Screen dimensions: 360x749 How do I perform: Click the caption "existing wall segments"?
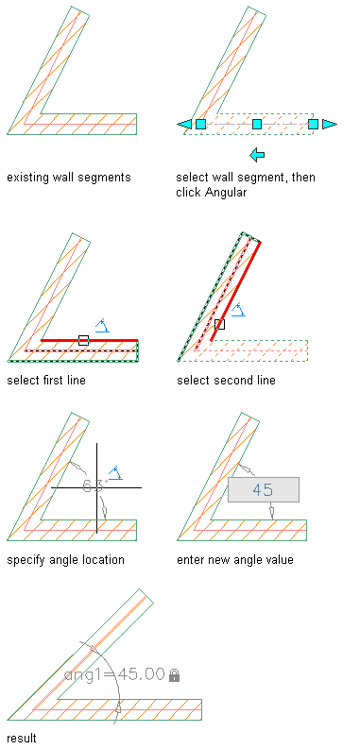point(68,178)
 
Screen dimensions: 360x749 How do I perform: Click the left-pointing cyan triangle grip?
point(184,124)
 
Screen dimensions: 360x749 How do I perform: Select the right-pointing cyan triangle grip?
point(330,124)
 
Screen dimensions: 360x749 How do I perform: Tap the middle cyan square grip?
point(257,124)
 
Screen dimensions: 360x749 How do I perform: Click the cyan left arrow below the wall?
point(257,155)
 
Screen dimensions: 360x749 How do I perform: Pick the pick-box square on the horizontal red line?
point(83,340)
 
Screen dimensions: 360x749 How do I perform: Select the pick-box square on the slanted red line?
point(219,324)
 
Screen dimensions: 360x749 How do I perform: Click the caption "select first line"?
point(46,381)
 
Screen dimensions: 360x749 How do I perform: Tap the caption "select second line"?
point(226,381)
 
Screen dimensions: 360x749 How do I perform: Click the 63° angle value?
point(94,486)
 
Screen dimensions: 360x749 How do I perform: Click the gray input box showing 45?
point(264,489)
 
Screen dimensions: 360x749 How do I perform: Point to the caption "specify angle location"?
point(65,560)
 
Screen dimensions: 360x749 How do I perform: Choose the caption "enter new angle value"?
point(235,560)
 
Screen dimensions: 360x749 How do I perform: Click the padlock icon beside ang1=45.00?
point(175,675)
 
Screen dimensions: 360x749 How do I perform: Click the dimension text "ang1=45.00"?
point(114,674)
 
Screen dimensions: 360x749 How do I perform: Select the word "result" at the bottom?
point(22,739)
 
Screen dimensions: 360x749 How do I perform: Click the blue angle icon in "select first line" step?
point(102,326)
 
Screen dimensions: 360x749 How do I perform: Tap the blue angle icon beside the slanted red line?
point(238,311)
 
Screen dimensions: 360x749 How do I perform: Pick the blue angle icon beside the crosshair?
point(115,473)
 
